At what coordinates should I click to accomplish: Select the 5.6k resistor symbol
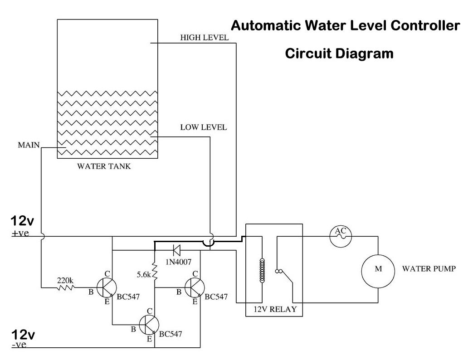click(155, 272)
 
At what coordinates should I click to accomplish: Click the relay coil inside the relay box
click(261, 271)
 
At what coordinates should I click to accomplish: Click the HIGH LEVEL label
click(204, 38)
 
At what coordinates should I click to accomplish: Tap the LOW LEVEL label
click(203, 127)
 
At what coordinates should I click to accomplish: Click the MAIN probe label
click(28, 146)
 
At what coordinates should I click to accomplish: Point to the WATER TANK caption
click(103, 166)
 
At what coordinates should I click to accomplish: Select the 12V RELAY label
click(271, 310)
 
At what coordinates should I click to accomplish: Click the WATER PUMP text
click(429, 268)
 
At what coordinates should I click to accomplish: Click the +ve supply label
click(20, 234)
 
